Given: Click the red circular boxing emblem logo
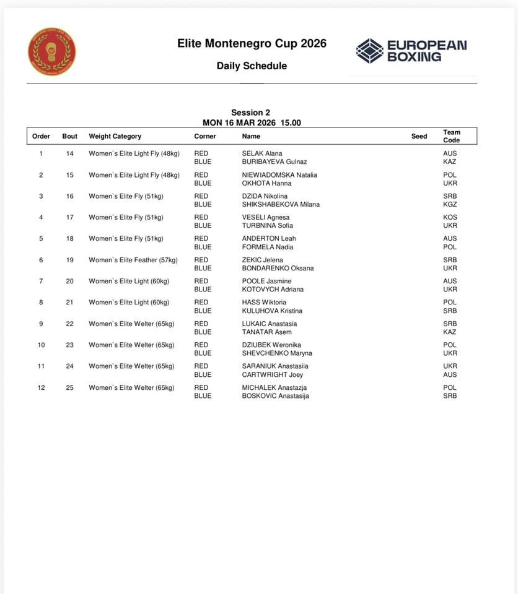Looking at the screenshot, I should point(52,52).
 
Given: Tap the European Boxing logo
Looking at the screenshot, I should point(411,51).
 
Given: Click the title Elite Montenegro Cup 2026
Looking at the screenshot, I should point(252,44).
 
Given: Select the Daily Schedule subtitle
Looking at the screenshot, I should point(252,66).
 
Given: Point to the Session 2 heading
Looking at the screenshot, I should point(251,113).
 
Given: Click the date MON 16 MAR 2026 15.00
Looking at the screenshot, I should point(252,123).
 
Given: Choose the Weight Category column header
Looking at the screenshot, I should point(115,136).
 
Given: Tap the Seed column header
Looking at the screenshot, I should point(419,136).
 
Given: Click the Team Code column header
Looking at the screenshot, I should point(452,136).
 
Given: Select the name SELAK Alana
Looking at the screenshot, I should point(262,153).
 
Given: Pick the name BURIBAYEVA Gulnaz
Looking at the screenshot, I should point(274,162).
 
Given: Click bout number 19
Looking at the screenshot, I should point(70,260).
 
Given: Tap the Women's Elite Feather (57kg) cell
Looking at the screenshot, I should point(133,260).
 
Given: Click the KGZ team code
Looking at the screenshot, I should point(450,204).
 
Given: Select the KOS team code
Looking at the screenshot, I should point(450,217).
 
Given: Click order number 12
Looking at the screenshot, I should point(41,387).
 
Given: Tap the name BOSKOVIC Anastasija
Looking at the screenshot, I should point(275,396).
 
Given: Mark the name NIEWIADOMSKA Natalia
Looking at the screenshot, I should point(279,175).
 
